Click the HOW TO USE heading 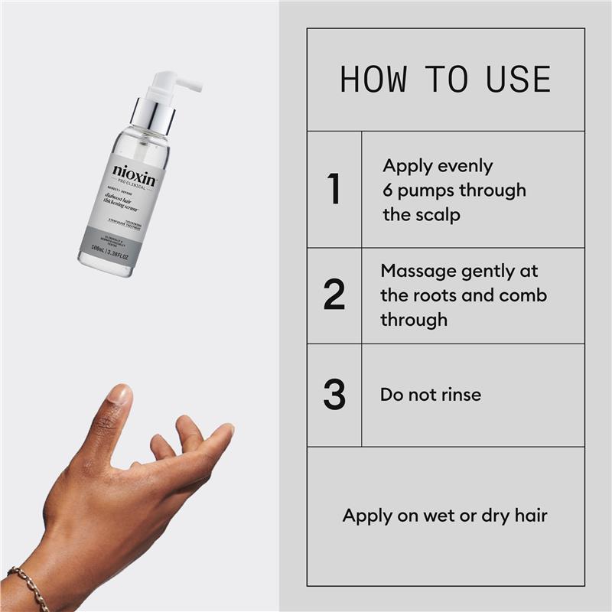click(x=445, y=80)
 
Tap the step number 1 click(x=334, y=190)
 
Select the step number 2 click(x=334, y=295)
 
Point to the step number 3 click(x=334, y=395)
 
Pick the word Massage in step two click(x=418, y=271)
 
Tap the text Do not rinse click(x=431, y=395)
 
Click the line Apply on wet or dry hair click(x=444, y=515)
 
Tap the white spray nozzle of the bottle click(x=176, y=82)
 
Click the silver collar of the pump click(x=153, y=112)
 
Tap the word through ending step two click(x=413, y=320)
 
